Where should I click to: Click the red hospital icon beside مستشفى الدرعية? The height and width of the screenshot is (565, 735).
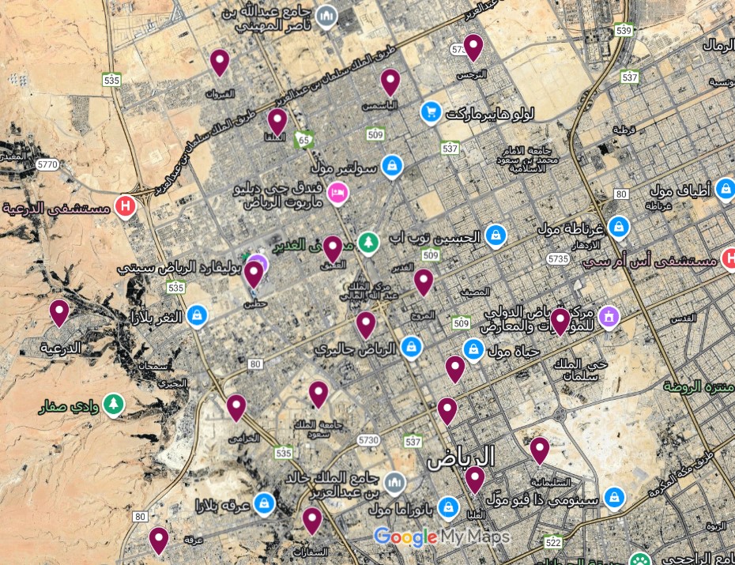[125, 207]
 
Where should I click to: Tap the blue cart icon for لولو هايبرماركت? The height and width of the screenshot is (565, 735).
[431, 112]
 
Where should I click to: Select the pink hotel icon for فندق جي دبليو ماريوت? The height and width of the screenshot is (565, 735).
[338, 192]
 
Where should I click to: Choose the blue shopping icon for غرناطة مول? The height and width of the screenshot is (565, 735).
[618, 226]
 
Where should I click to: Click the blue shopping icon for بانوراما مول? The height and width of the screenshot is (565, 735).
[447, 505]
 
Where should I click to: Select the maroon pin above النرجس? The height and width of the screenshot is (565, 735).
[473, 47]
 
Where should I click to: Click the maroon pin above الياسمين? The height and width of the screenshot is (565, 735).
[390, 81]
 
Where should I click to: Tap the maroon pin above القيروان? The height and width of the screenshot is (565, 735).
[220, 61]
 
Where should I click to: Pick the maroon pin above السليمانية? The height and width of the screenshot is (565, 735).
[540, 450]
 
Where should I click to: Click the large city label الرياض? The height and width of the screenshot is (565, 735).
[461, 458]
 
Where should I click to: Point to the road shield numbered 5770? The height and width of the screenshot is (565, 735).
[47, 164]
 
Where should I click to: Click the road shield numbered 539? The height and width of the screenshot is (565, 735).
[624, 31]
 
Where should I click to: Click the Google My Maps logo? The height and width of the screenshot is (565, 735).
[441, 537]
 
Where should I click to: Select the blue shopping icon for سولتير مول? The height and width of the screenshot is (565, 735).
[390, 166]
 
